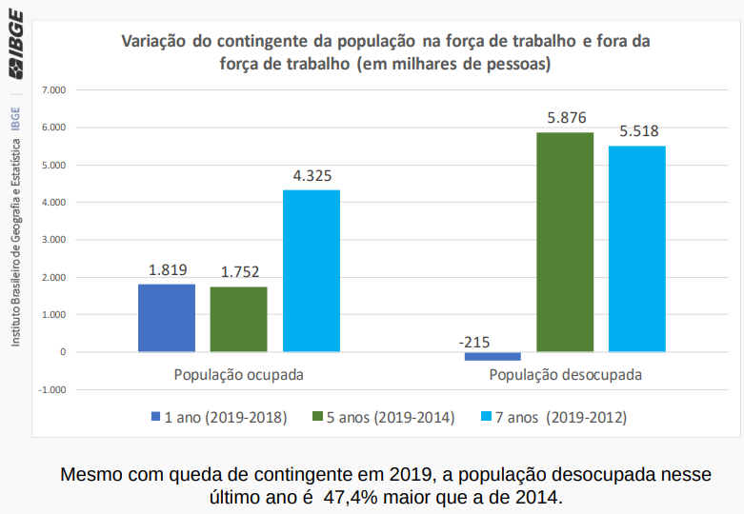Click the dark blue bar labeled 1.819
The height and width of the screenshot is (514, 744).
167,318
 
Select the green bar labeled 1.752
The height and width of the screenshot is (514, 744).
238,319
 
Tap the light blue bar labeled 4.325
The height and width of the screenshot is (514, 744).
312,270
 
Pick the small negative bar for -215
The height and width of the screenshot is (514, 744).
493,356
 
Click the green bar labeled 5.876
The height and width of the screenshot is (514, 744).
565,242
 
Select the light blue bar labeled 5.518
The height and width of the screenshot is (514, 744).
637,248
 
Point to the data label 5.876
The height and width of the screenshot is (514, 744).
566,117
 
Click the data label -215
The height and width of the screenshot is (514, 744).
473,341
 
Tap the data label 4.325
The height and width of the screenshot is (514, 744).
312,176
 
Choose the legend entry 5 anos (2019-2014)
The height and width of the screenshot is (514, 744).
383,417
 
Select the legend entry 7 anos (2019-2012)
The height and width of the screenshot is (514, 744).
553,417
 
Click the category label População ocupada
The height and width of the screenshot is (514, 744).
238,374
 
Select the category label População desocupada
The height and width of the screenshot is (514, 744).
565,374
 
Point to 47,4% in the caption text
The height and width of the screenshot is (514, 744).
352,497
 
